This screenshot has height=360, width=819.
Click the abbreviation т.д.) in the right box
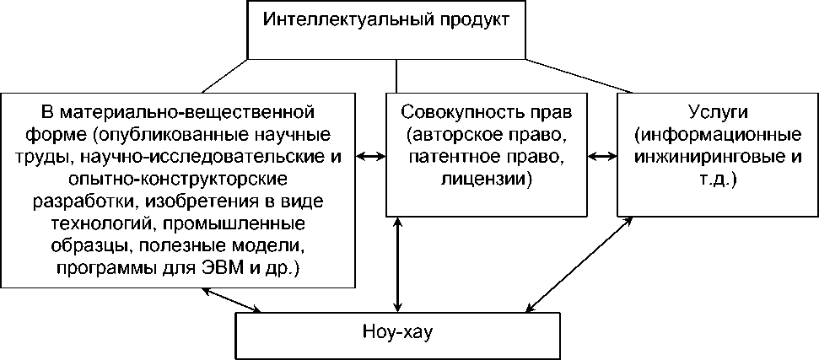point(718,179)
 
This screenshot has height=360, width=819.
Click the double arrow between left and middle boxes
point(369,157)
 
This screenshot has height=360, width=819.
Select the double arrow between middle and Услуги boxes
point(601,157)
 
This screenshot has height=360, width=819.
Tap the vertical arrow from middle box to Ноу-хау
point(397,263)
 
